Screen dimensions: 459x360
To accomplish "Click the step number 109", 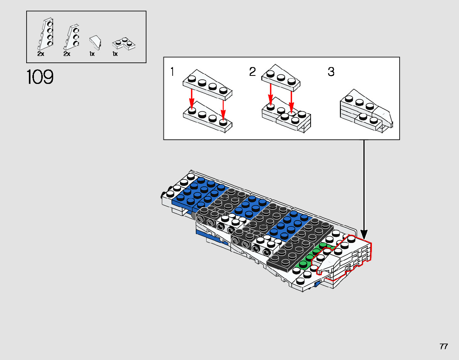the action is [40, 77].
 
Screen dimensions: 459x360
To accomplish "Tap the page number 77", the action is [444, 347].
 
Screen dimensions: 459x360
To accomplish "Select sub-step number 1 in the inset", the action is [172, 72].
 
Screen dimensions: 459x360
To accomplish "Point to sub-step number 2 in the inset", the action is [252, 72].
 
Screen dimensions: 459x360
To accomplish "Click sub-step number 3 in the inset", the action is [331, 72].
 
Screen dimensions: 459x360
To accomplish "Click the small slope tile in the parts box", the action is [95, 42].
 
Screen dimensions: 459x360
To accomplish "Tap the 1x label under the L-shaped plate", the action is [115, 54].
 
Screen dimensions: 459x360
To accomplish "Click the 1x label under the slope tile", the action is [92, 54].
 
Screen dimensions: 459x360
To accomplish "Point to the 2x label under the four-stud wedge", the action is [40, 54].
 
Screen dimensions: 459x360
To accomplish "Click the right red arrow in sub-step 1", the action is [223, 110].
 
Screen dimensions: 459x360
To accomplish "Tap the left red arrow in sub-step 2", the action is [271, 95].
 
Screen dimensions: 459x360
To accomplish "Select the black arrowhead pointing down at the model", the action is [364, 234].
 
